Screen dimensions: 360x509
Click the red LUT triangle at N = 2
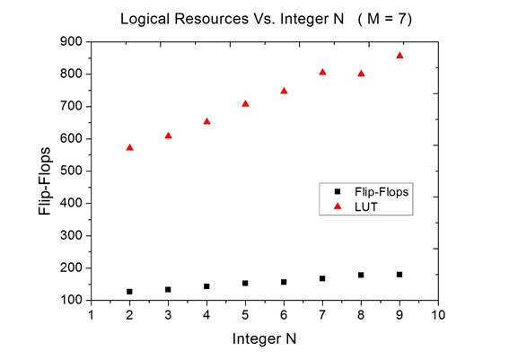coord(129,147)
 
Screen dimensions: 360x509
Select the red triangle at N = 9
coord(399,56)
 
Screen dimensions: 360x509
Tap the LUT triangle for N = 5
coord(245,104)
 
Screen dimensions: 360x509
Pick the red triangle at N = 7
coord(322,72)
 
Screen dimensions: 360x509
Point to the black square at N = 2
coord(129,292)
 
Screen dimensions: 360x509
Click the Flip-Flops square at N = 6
coord(284,282)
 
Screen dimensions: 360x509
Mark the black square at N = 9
coord(399,275)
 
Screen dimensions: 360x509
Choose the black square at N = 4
coord(206,286)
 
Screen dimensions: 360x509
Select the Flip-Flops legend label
coord(381,191)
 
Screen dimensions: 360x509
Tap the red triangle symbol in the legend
coord(338,206)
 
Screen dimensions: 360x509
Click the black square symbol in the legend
coord(338,191)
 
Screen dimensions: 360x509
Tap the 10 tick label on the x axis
coord(437,315)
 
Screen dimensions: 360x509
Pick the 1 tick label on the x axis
coord(91,315)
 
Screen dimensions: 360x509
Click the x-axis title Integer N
coord(264,338)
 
